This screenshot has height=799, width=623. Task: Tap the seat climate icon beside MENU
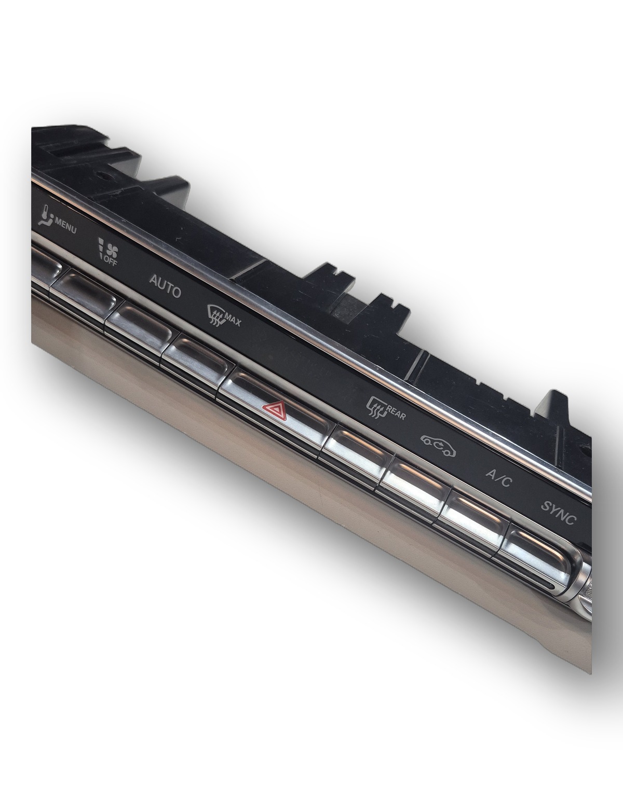45,215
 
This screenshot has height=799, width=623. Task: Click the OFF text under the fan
111,261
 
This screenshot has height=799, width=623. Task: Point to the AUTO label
165,286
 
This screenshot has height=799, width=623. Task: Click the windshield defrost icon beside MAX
216,314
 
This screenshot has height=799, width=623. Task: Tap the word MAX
233,320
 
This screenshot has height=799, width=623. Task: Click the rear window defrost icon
376,407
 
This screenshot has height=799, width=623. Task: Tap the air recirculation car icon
438,445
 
